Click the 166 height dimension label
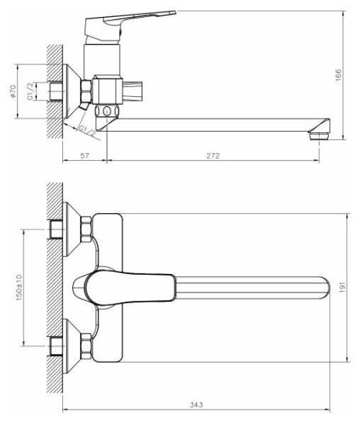tap(338, 75)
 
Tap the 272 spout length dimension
tap(213, 156)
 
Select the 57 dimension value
tap(84, 156)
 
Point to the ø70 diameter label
tap(13, 91)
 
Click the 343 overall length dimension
tap(196, 404)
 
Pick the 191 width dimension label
tap(342, 287)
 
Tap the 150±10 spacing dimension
tap(19, 287)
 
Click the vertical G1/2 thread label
tap(30, 91)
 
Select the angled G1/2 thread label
tap(86, 131)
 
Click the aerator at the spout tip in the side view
tap(320, 135)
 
